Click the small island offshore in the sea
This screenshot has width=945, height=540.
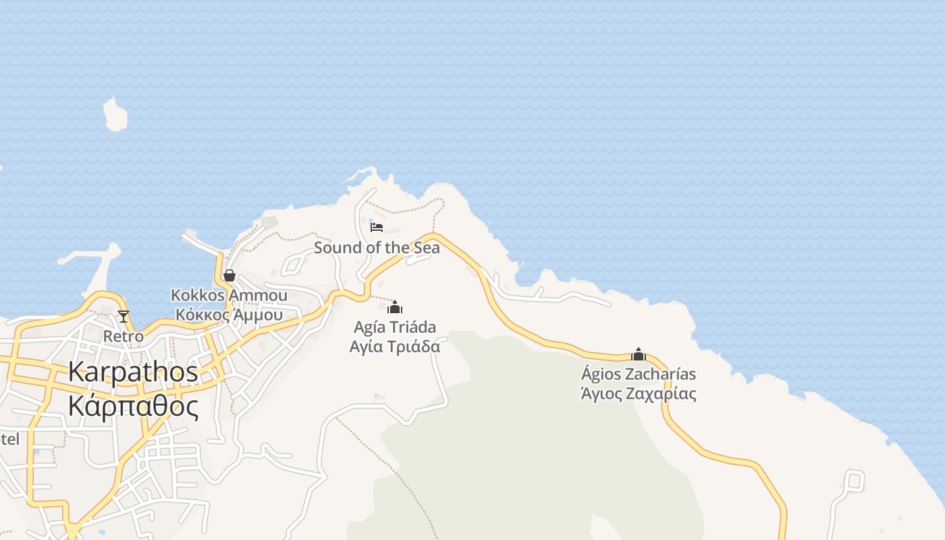(x=115, y=115)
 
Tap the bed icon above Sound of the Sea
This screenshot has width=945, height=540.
(x=377, y=227)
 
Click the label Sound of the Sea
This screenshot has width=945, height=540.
(x=377, y=248)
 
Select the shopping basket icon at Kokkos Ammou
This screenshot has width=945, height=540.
(x=230, y=275)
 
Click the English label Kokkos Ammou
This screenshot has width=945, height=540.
(x=229, y=296)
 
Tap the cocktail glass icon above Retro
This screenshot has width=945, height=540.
(x=124, y=316)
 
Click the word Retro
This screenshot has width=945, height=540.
(x=124, y=335)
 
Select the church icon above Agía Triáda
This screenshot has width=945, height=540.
(x=395, y=308)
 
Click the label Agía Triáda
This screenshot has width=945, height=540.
(x=395, y=327)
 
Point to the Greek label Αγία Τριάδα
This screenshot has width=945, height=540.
(x=395, y=346)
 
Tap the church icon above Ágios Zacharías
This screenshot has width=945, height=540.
(x=639, y=354)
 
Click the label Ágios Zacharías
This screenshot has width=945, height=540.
(x=639, y=374)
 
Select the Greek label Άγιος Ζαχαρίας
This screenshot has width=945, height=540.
(x=639, y=394)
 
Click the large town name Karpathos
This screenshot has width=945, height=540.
(x=133, y=372)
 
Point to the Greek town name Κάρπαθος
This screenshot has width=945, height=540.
(x=133, y=407)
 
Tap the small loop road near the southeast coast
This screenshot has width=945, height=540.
(x=854, y=480)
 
